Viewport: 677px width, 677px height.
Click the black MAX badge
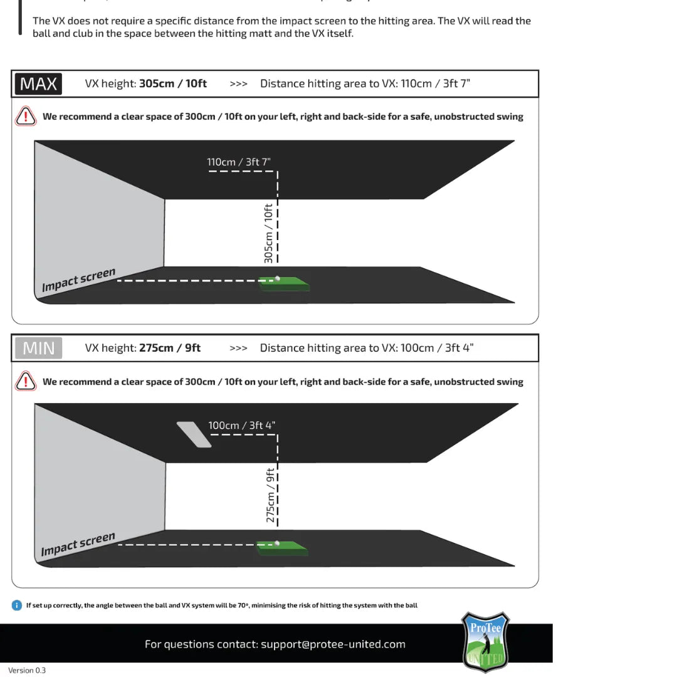38,83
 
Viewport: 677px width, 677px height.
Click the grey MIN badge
38,348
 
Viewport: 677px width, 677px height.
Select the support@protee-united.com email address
333,644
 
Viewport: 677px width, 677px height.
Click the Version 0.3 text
27,670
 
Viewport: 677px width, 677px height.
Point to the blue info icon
17,605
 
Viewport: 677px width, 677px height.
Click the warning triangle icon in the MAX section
26,116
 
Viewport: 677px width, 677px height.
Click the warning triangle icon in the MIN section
26,381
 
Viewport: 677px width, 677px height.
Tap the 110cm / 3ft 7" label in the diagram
239,162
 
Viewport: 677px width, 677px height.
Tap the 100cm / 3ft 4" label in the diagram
241,425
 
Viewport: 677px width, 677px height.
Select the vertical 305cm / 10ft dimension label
268,233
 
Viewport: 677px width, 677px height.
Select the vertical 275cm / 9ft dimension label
270,495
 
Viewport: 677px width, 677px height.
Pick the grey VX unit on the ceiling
194,434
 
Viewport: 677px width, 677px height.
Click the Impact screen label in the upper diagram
79,280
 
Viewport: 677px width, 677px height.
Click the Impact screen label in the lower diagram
78,544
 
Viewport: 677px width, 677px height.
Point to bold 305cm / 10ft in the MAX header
172,83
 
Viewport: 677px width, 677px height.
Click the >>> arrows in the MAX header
238,83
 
